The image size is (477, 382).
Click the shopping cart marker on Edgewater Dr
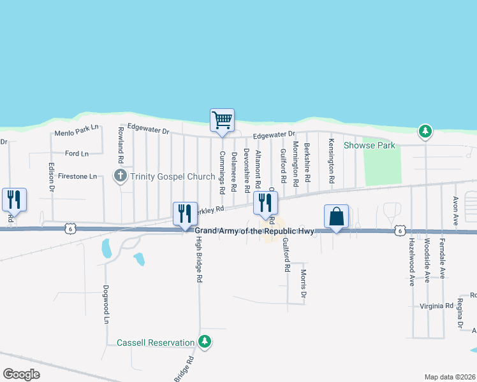(x=222, y=120)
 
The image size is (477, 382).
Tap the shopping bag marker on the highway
(x=336, y=216)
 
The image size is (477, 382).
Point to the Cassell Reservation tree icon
(x=205, y=343)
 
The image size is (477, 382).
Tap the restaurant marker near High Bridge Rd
(x=185, y=213)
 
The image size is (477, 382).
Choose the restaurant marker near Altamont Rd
(x=265, y=203)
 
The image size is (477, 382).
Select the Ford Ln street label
(x=77, y=153)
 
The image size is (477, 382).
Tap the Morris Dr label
(x=304, y=284)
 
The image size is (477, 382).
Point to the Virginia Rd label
(x=436, y=306)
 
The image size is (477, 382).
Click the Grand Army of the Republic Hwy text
(x=254, y=231)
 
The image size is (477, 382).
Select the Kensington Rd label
(x=332, y=161)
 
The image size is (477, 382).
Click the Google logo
(x=21, y=374)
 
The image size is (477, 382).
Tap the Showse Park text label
(x=370, y=145)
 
